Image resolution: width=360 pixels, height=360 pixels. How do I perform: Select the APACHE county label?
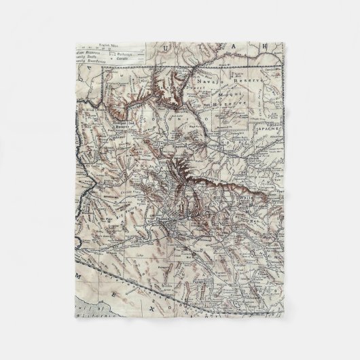(274, 145)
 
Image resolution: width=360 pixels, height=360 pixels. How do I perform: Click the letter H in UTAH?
(276, 44)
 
